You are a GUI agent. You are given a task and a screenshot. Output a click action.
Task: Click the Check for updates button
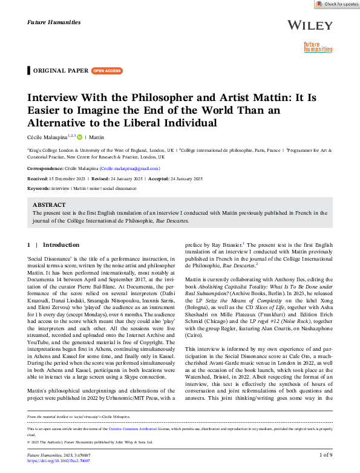click(x=336, y=4)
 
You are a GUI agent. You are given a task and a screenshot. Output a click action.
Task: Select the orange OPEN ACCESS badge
click(x=106, y=71)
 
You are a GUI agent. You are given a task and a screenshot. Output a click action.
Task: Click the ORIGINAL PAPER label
click(x=61, y=71)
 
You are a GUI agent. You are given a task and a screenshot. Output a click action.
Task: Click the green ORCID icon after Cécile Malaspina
click(x=79, y=137)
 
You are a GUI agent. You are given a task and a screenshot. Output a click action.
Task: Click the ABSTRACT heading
click(x=49, y=205)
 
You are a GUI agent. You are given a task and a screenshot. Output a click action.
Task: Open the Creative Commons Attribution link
click(x=128, y=429)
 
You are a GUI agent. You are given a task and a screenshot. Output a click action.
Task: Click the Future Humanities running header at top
click(x=54, y=22)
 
